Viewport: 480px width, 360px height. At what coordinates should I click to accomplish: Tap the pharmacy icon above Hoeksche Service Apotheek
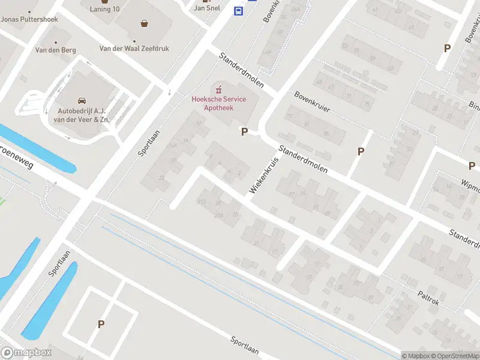pos(218,89)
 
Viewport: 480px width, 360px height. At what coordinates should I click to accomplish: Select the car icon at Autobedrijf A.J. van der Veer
pos(82,101)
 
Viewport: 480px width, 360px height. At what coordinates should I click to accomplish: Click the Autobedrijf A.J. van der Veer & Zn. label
pos(83,115)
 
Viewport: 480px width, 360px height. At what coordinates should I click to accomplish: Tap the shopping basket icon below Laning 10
pos(145,24)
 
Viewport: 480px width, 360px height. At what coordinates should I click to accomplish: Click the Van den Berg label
pos(56,50)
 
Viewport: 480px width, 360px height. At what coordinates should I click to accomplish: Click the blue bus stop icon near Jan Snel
pos(238,10)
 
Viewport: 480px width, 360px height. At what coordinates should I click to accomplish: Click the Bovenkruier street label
pos(313,103)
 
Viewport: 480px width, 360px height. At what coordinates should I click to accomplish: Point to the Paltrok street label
pos(428,298)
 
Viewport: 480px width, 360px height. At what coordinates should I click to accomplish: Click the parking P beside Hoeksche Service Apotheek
pos(244,132)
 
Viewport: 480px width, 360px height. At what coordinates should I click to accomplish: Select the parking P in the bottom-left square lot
pos(101,325)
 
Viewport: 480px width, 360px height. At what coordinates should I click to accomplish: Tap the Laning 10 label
pos(105,9)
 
